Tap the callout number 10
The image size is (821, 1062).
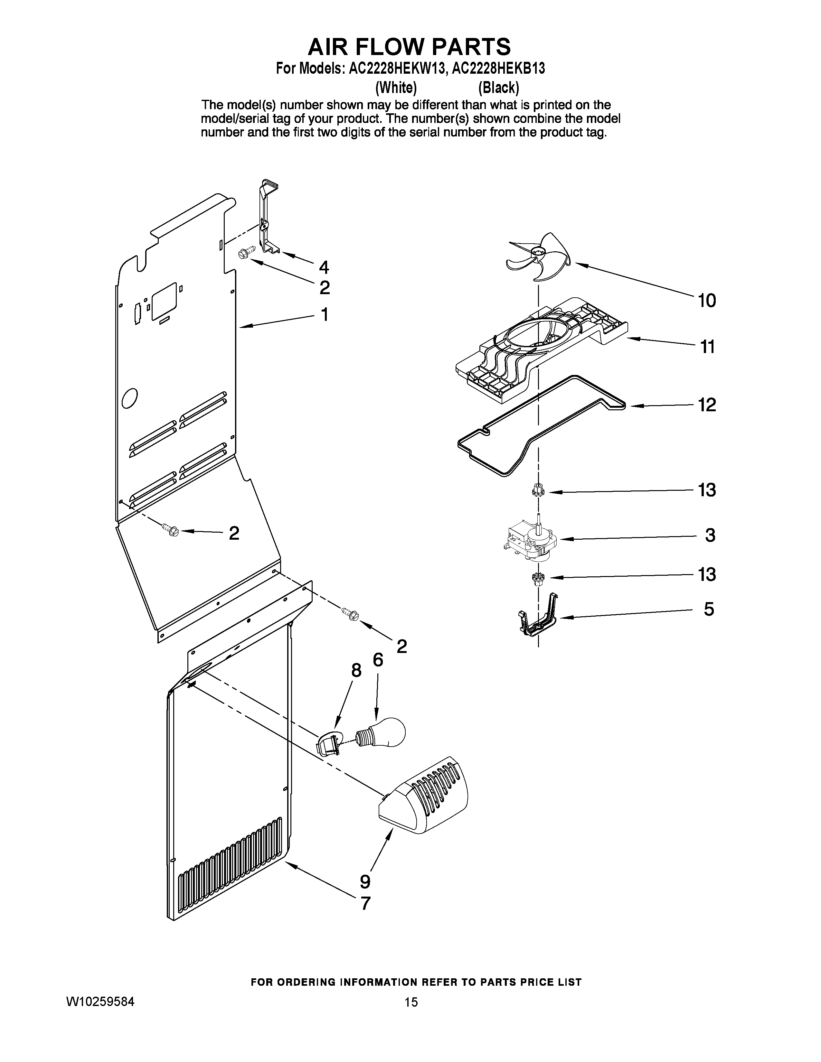[x=707, y=301]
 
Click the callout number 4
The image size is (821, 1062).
[x=324, y=267]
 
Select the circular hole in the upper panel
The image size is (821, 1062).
[x=130, y=399]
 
